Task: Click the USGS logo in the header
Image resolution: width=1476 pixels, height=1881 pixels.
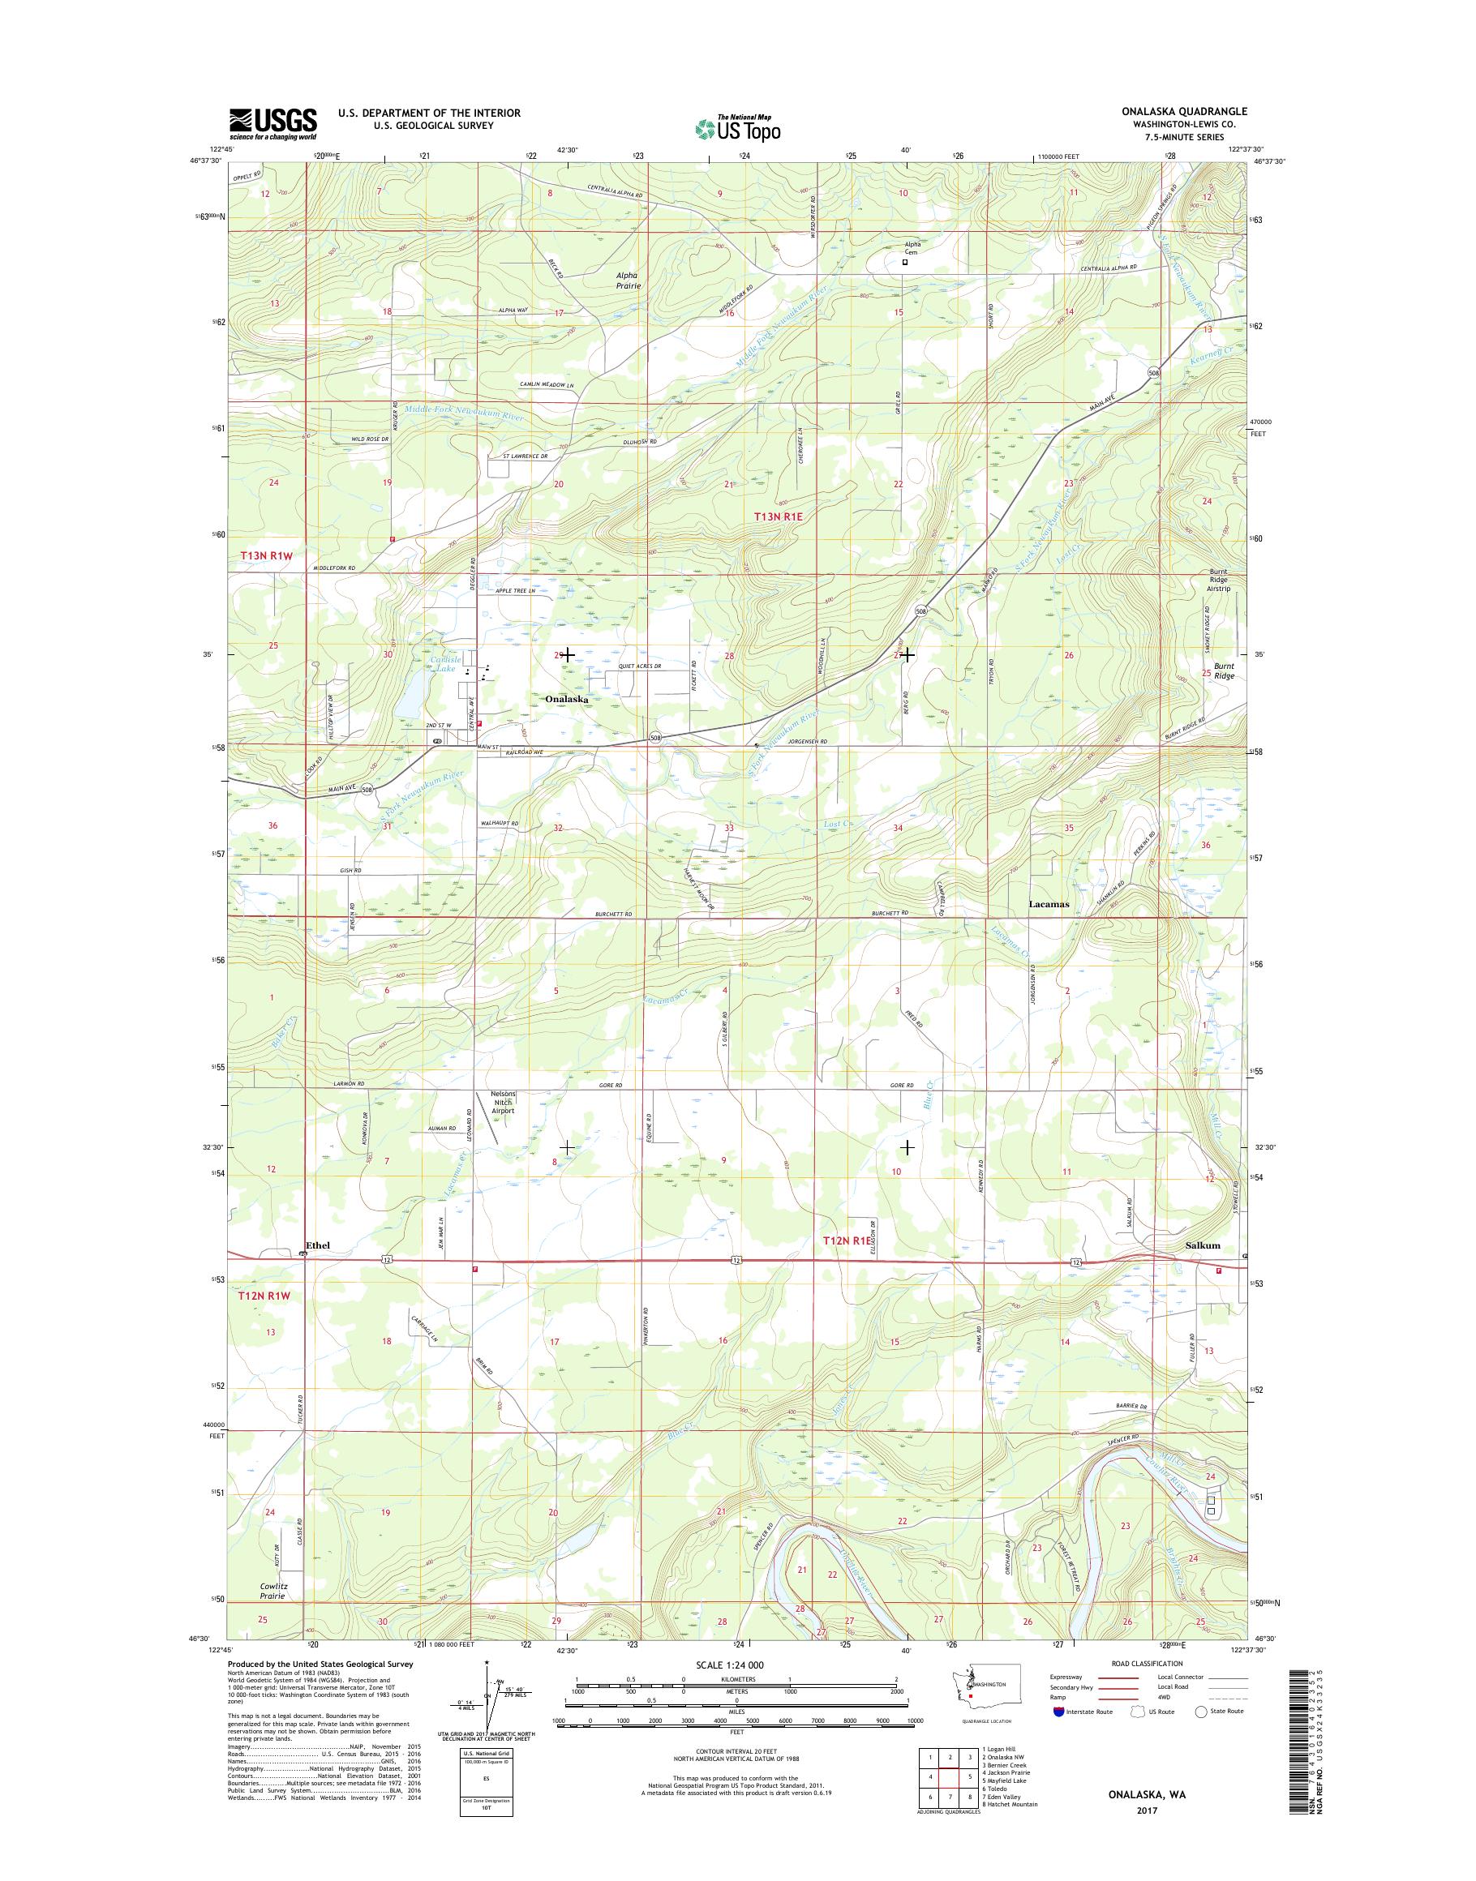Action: click(x=272, y=123)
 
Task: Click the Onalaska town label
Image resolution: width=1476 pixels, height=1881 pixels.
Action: click(x=566, y=698)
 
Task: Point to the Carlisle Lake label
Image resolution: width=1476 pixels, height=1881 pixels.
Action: click(x=443, y=663)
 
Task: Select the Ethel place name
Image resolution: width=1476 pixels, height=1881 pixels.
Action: click(x=317, y=1245)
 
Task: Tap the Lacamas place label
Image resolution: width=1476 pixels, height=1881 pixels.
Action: click(x=1049, y=904)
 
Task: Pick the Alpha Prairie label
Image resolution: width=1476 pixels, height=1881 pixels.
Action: click(x=629, y=280)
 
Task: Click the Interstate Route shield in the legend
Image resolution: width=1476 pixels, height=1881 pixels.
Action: click(x=1059, y=1735)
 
